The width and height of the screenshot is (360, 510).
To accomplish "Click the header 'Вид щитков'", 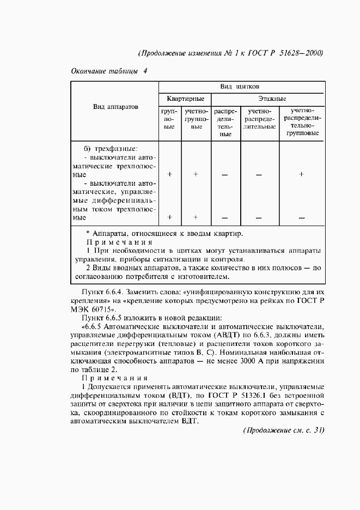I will click(x=240, y=87).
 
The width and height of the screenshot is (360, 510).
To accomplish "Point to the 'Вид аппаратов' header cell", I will click(x=115, y=107).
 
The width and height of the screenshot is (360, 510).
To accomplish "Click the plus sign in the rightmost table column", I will click(x=301, y=174).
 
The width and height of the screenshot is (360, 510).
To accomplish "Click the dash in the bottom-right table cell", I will click(x=301, y=218).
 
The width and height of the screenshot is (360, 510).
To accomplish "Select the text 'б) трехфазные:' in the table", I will click(x=111, y=148).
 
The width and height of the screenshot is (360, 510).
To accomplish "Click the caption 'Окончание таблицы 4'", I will click(x=109, y=71).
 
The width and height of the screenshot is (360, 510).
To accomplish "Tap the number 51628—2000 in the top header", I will click(x=302, y=53).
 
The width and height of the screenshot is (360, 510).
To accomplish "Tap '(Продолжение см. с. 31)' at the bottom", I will click(x=283, y=430).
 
